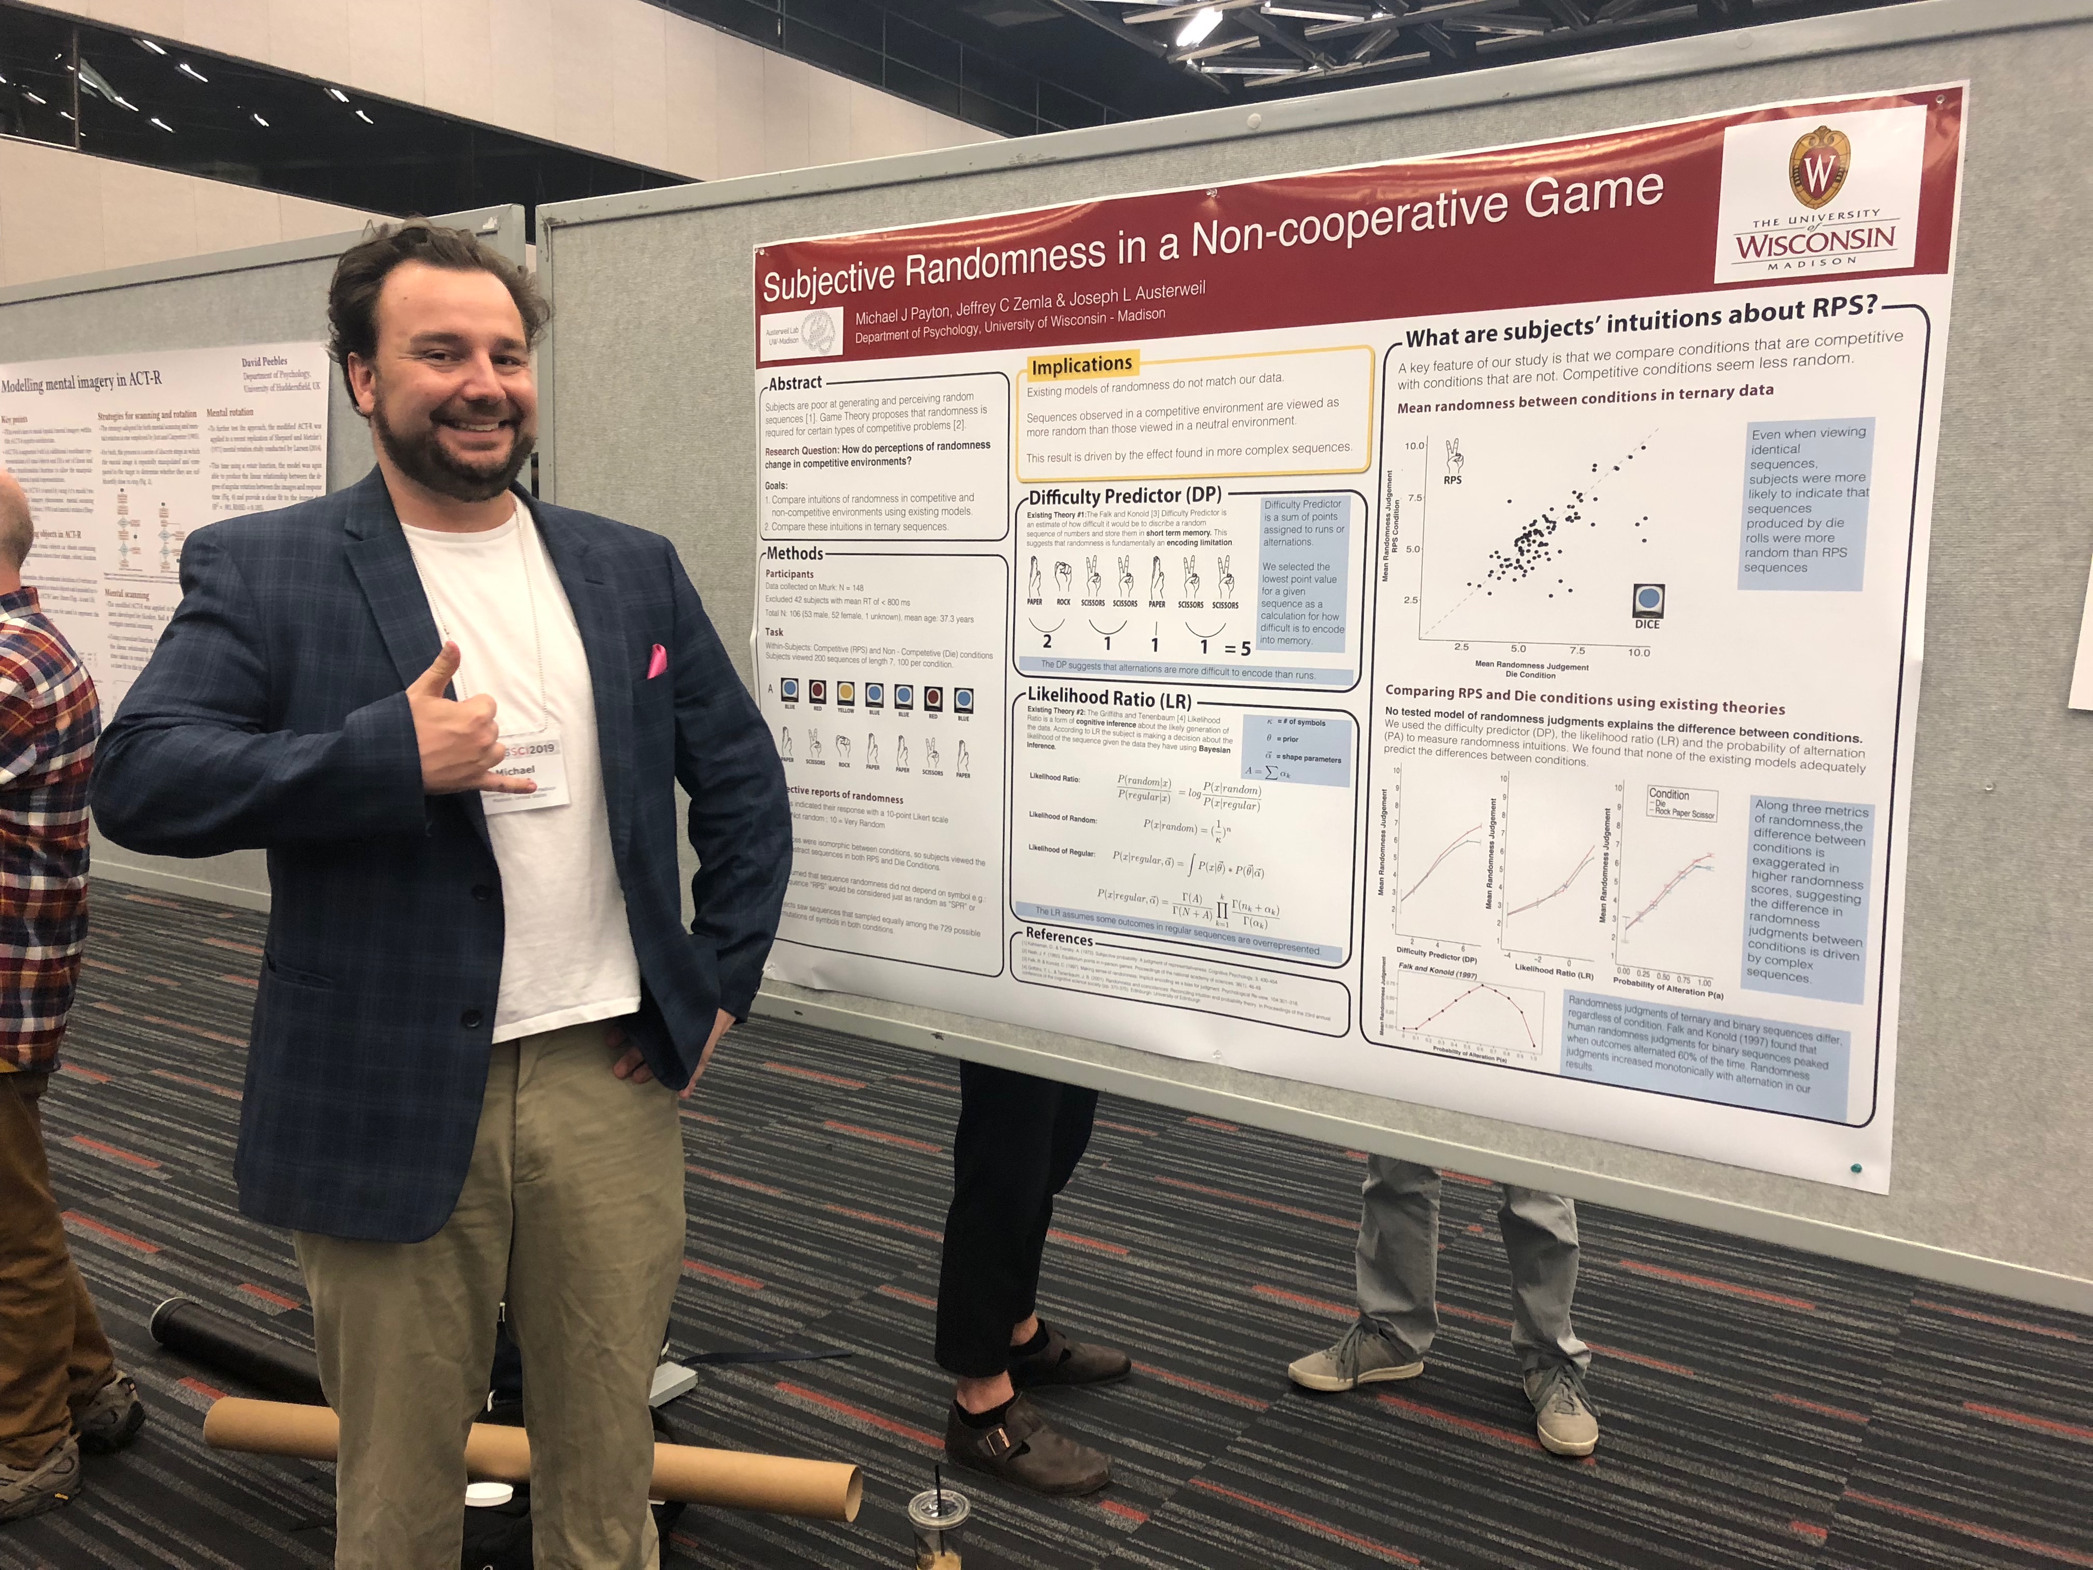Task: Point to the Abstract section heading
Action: click(795, 383)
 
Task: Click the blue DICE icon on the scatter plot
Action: click(1647, 601)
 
